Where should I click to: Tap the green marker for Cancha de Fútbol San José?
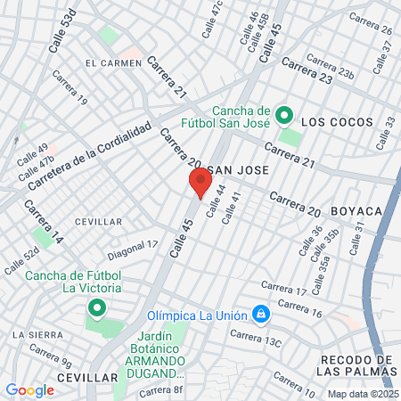(284, 115)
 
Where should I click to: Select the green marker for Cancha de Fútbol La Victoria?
(96, 308)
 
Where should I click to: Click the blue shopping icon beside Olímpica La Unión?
(260, 315)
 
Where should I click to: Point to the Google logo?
(29, 389)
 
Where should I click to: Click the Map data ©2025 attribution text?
(362, 394)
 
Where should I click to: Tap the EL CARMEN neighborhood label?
(113, 63)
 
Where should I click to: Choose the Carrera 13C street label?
(255, 339)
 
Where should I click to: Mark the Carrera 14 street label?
(44, 222)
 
